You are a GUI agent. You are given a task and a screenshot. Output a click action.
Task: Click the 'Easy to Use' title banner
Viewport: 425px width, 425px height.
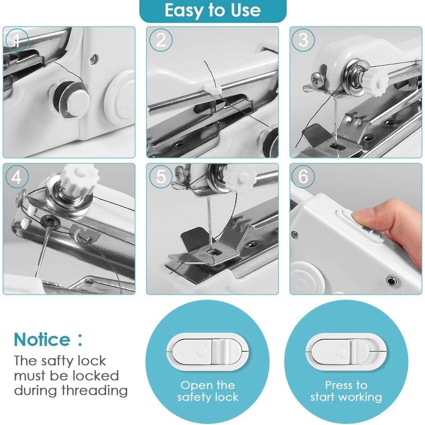click(212, 11)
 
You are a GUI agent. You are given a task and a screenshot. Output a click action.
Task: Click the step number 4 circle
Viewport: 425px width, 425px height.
click(18, 177)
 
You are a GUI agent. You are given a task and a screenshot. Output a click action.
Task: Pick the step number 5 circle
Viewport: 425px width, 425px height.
click(161, 177)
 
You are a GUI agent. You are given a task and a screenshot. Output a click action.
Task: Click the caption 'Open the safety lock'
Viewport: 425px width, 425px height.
click(207, 391)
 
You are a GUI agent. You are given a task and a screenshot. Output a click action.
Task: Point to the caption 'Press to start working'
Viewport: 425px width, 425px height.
click(346, 391)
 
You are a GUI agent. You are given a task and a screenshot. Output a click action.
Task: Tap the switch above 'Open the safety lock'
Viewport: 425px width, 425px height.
click(207, 351)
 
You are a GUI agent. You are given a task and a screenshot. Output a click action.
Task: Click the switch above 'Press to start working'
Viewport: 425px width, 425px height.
click(346, 351)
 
